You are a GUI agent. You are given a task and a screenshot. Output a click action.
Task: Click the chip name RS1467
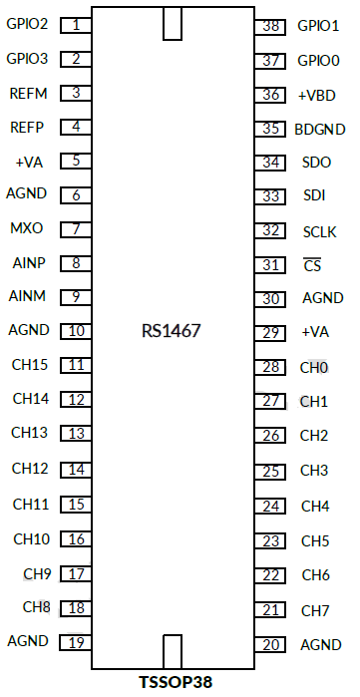click(172, 329)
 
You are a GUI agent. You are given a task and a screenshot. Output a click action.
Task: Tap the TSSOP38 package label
click(178, 684)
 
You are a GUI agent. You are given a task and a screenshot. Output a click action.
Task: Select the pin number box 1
click(76, 24)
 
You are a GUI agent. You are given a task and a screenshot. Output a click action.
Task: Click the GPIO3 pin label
click(27, 59)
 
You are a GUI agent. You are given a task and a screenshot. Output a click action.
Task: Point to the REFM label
click(27, 93)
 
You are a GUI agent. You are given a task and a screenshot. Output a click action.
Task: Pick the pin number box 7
click(76, 229)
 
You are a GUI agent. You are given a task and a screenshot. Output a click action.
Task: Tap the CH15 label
click(29, 364)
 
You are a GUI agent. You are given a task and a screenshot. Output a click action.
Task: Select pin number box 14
click(76, 469)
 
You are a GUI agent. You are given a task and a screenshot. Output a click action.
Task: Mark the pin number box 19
click(76, 641)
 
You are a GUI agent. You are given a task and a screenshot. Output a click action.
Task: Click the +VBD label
click(316, 95)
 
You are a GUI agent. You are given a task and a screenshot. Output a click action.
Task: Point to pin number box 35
click(269, 129)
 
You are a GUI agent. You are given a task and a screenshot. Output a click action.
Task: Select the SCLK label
click(319, 231)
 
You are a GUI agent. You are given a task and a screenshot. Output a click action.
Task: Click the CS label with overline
click(312, 265)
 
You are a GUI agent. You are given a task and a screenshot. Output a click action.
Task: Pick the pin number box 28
click(269, 367)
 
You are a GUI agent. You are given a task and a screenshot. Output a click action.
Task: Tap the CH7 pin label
click(315, 610)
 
